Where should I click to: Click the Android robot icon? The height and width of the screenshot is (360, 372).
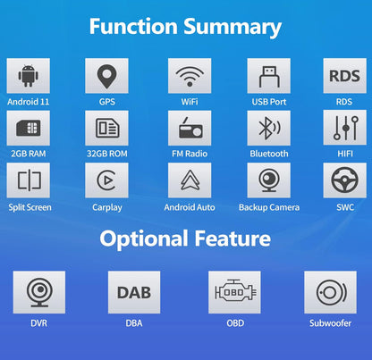click(29, 76)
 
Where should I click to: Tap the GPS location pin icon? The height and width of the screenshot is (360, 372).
click(106, 77)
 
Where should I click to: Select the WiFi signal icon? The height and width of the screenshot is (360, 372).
click(190, 76)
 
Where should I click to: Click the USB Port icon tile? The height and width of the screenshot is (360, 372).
click(268, 76)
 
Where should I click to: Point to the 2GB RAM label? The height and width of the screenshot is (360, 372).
click(29, 154)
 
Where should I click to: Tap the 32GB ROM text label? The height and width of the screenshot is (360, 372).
click(107, 154)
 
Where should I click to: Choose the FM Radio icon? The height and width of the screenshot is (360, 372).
click(190, 128)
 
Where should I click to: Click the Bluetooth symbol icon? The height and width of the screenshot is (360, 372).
click(269, 128)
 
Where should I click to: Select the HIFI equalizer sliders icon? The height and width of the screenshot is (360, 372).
click(345, 128)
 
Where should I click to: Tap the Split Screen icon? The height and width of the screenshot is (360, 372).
click(30, 180)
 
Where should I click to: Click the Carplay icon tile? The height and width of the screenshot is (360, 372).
click(106, 180)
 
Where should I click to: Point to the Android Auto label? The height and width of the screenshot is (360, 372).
click(190, 207)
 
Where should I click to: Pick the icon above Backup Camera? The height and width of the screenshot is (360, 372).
click(269, 180)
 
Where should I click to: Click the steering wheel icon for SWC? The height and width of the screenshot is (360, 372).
click(344, 180)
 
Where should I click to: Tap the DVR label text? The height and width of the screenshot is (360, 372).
click(38, 323)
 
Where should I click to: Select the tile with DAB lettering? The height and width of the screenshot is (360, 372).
click(134, 292)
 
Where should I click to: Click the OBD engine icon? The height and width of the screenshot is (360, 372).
click(235, 291)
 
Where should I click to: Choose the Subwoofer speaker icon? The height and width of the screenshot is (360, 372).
click(331, 292)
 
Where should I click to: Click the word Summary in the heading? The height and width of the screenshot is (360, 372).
click(232, 27)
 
